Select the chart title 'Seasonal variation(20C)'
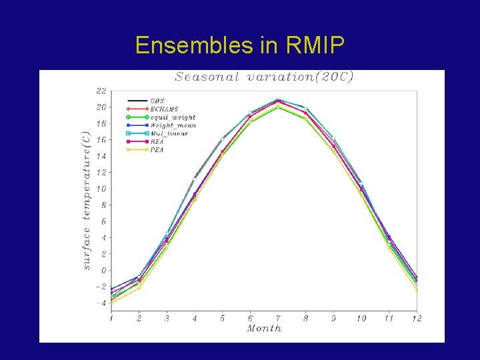click(264, 77)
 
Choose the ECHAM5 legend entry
click(163, 109)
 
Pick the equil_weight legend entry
click(172, 117)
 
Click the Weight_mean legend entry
click(172, 125)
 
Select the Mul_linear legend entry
click(169, 133)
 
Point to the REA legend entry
click(157, 141)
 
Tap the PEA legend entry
click(157, 150)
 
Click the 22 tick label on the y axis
click(101, 91)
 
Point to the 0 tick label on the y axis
click(103, 271)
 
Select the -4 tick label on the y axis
click(100, 303)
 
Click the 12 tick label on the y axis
click(101, 173)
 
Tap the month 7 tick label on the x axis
click(278, 319)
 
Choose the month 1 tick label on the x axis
click(111, 319)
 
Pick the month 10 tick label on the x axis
click(361, 319)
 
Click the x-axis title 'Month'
click(264, 328)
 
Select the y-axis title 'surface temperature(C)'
click(86, 200)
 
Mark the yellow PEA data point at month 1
click(111, 303)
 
